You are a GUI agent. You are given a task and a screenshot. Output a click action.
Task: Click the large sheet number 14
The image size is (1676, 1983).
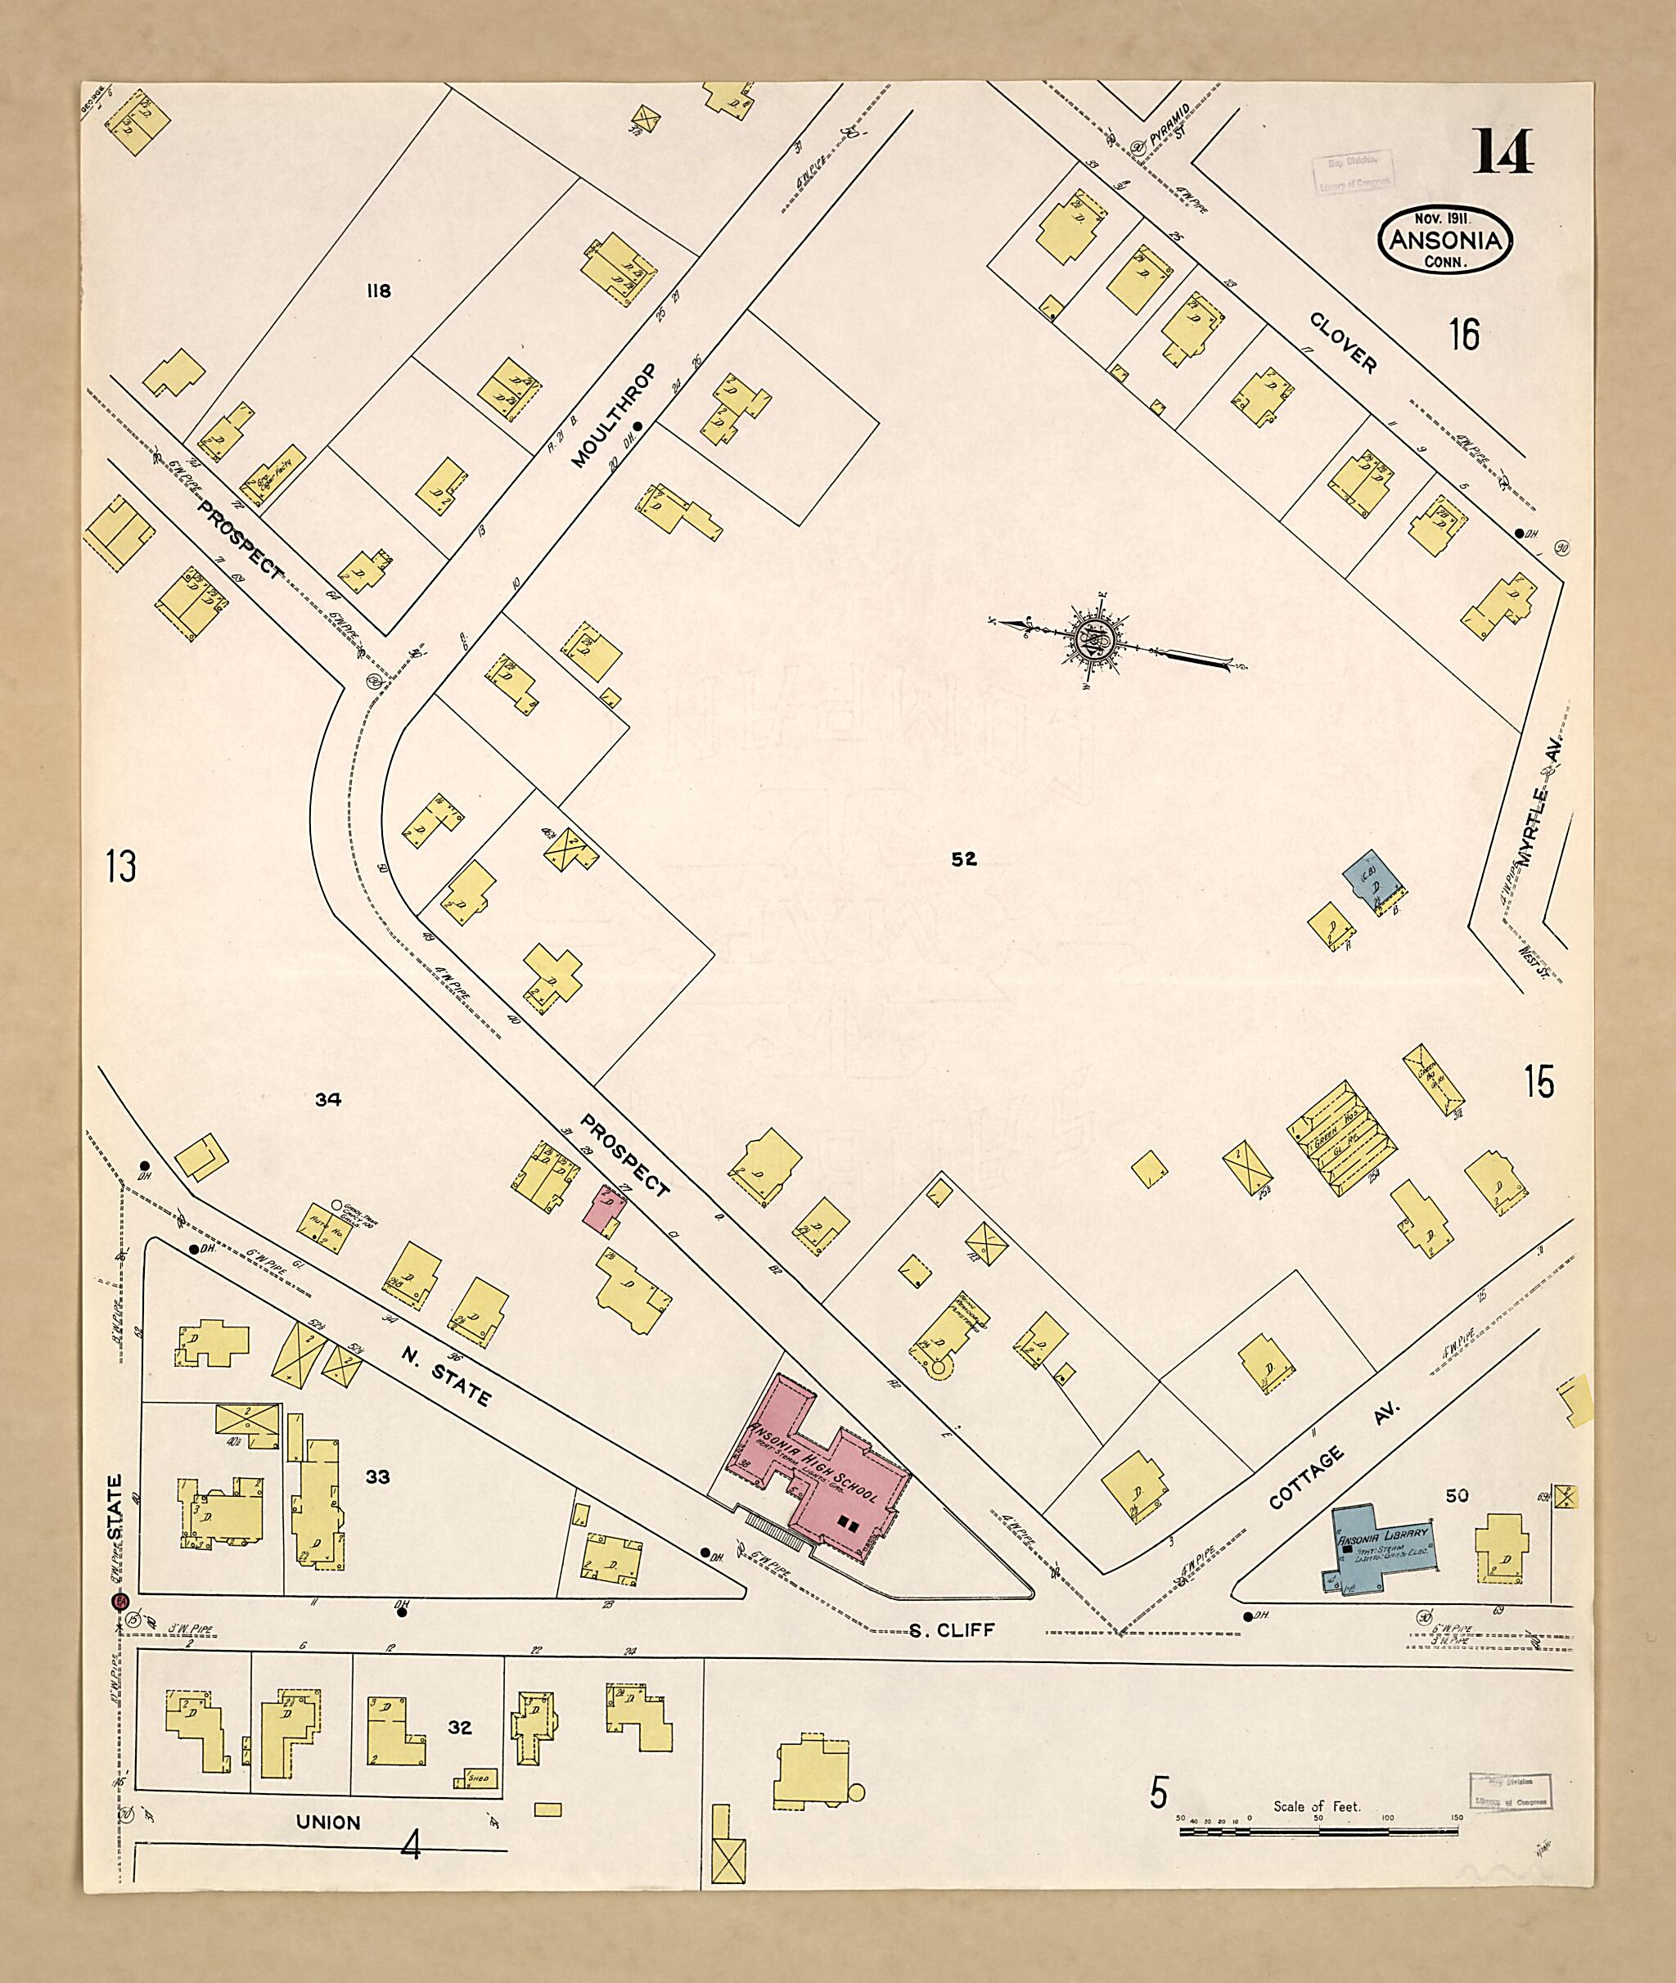1503,153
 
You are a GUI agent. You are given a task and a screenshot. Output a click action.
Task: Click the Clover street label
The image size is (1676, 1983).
1342,343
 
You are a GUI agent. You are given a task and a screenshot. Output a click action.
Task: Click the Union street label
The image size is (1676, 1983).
328,1823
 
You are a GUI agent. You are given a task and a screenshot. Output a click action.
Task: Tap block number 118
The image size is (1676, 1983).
378,291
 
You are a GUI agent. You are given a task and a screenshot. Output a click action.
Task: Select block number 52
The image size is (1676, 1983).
963,859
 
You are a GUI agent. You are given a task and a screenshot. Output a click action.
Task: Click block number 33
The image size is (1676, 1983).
377,1476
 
